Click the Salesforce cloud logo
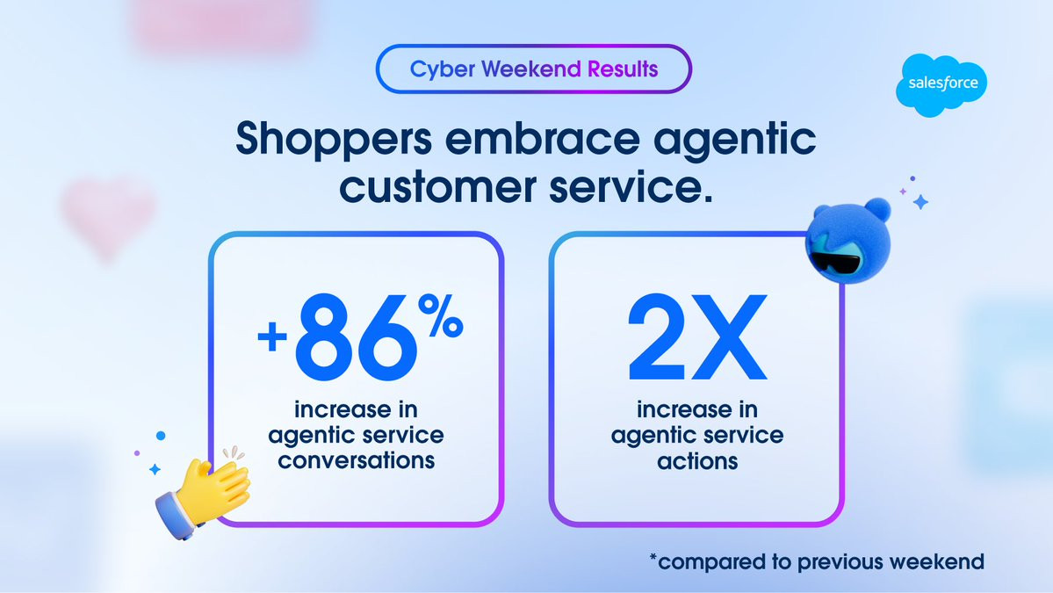941,85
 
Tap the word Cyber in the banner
443,69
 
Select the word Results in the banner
623,69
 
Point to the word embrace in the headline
542,138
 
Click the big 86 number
356,338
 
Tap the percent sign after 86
441,316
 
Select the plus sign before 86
272,336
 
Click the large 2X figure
697,336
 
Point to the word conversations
357,460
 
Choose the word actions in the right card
697,461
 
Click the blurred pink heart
107,216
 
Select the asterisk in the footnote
653,557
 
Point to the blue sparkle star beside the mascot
920,201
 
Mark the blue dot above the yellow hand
161,436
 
